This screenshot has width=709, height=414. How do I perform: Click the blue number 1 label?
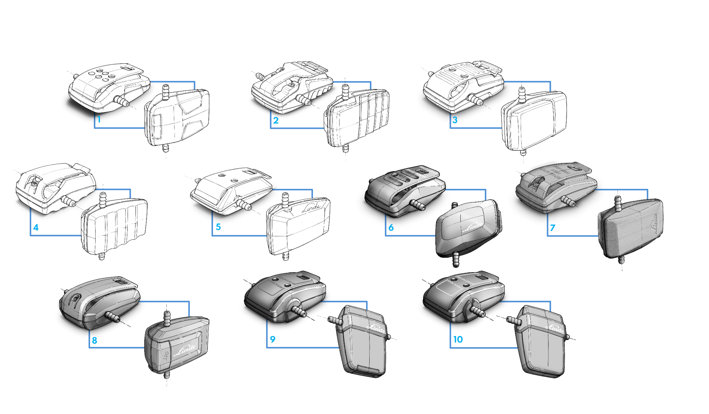tap(99, 120)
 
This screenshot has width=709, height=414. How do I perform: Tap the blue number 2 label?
tap(276, 120)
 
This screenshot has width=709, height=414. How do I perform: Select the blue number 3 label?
tap(455, 120)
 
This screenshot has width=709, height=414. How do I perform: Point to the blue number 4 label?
tap(36, 227)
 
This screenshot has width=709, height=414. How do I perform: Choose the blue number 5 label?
tap(218, 227)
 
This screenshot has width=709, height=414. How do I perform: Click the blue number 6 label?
tap(391, 228)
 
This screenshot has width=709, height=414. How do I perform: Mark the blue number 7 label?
tap(553, 228)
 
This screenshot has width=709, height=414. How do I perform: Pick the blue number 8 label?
tap(94, 340)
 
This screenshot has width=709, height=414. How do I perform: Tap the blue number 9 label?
tap(273, 339)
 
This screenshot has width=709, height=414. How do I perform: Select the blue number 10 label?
tap(458, 339)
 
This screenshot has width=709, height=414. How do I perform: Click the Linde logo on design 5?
tap(312, 208)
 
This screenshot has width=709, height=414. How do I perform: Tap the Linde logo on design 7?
tap(656, 223)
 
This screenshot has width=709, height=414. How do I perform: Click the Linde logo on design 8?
tap(184, 350)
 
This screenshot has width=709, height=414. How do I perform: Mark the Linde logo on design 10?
tap(555, 328)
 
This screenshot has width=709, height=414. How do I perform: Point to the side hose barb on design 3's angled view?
tap(475, 100)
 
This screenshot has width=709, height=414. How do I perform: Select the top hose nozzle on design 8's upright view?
tap(166, 318)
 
